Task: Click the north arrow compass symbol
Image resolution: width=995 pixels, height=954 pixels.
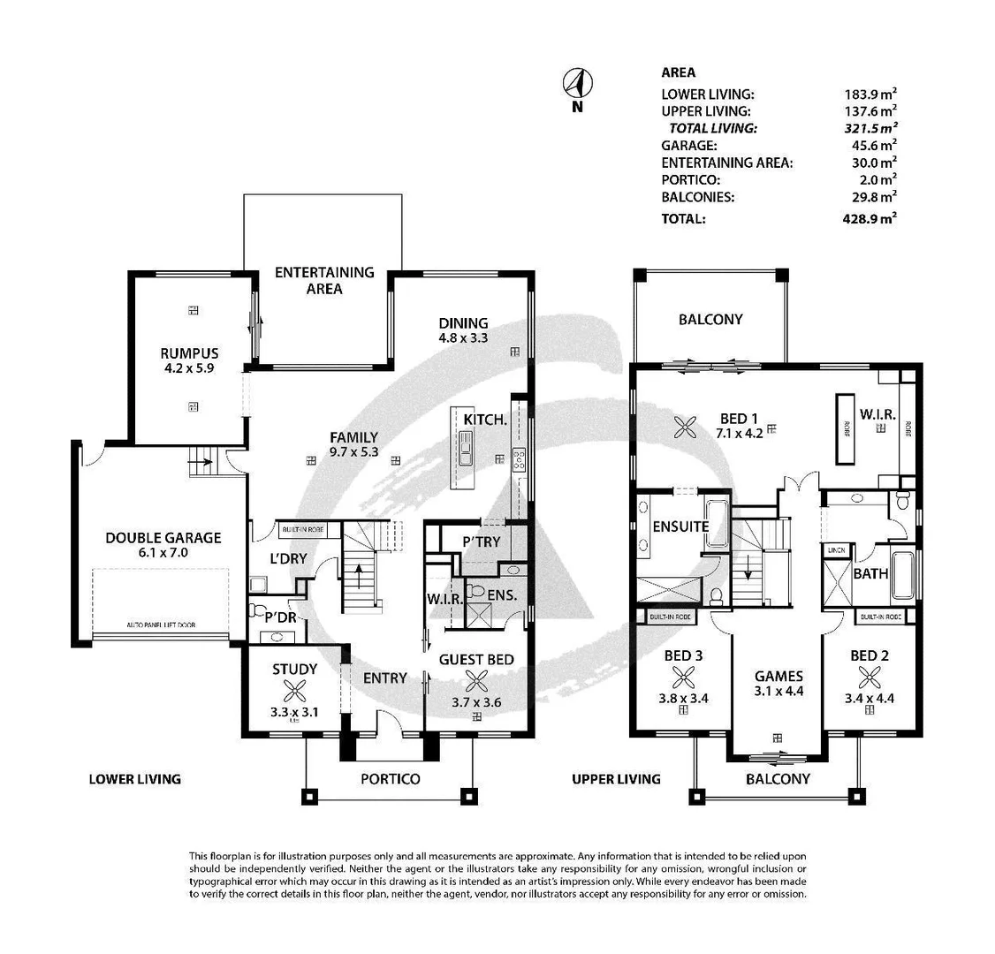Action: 578,85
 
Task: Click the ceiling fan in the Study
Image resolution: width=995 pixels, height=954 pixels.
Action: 294,693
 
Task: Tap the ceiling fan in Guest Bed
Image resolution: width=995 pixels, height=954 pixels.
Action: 477,681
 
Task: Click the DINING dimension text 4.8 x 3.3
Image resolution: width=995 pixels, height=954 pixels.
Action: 463,338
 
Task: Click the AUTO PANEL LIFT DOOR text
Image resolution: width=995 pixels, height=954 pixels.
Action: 163,625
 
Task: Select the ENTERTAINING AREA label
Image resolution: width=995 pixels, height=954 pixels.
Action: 324,280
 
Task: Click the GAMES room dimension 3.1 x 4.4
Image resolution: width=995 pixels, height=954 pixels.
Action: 778,693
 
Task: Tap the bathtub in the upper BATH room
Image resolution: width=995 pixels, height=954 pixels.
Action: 901,575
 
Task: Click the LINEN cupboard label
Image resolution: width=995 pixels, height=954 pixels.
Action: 835,549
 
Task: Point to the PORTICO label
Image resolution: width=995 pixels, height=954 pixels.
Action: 390,779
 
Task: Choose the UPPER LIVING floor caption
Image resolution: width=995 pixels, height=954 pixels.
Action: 616,779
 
